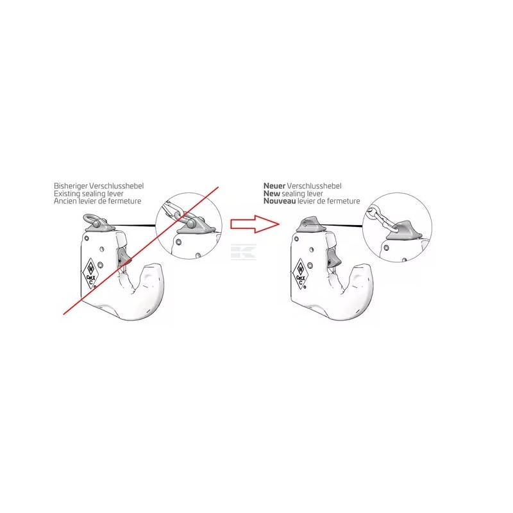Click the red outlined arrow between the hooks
255,224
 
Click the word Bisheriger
71,186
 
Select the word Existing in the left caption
67,194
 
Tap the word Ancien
65,201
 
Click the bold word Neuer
274,186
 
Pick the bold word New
272,194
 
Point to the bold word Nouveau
280,201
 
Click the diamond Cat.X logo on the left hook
90,274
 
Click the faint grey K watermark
243,252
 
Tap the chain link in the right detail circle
383,220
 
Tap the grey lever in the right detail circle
405,230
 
